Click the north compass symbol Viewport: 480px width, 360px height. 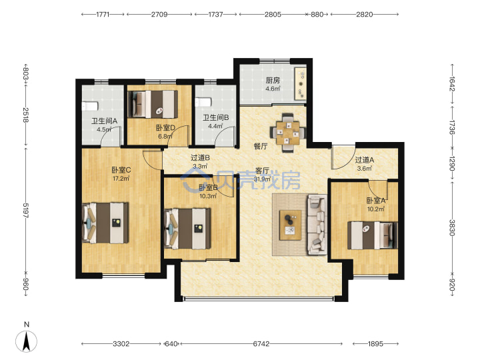[x=26, y=340]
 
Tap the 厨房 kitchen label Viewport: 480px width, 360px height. [x=273, y=81]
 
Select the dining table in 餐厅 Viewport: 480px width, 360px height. [x=287, y=133]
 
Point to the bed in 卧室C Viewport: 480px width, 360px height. [x=105, y=223]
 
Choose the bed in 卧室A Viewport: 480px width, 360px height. [x=373, y=235]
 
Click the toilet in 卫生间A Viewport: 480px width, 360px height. [x=90, y=106]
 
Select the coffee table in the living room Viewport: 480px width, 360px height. [x=290, y=225]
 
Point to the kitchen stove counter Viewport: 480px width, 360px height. [x=300, y=83]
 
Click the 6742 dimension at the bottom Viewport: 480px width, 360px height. [x=261, y=344]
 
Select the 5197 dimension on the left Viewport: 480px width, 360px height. [x=26, y=211]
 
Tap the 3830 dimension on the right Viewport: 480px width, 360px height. [x=452, y=227]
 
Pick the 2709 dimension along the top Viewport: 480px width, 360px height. [x=159, y=15]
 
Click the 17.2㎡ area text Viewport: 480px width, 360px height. [x=121, y=179]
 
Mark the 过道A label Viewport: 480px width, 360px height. [x=364, y=160]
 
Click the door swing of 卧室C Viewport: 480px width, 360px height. [x=153, y=160]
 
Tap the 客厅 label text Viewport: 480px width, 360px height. [x=263, y=171]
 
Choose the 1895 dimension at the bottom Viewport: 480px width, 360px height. [x=375, y=344]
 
